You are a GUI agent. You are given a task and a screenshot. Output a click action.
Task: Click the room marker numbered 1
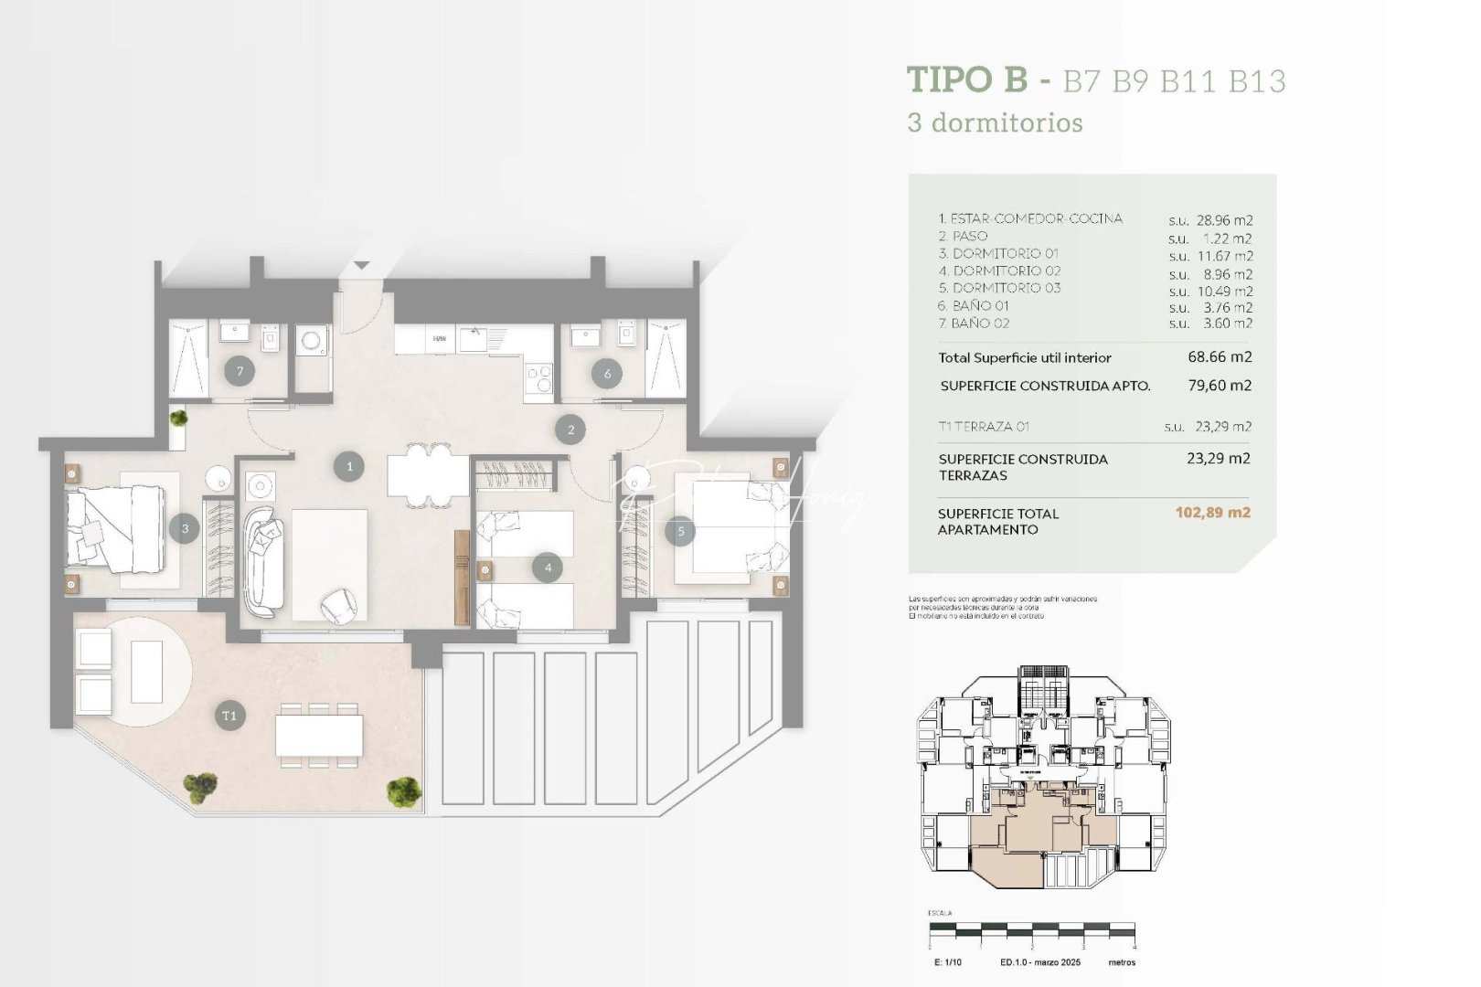click(x=349, y=466)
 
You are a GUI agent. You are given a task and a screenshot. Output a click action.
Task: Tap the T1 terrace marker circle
click(x=229, y=716)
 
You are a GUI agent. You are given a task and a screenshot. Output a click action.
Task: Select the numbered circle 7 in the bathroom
click(x=240, y=371)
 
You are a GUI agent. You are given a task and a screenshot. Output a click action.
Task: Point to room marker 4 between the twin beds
click(x=548, y=568)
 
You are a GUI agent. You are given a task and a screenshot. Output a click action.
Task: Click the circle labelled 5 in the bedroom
click(x=680, y=531)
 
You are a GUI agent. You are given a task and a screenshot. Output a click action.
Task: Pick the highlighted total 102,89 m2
click(x=1212, y=513)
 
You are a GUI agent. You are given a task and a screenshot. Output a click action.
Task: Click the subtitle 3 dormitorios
click(x=995, y=122)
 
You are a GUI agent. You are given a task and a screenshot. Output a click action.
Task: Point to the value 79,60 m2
click(x=1220, y=386)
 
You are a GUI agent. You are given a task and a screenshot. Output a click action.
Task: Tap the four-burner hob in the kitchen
click(x=538, y=376)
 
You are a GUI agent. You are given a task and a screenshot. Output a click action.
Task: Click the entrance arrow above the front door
click(x=362, y=265)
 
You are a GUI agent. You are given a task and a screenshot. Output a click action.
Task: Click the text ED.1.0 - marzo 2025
click(x=1039, y=962)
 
